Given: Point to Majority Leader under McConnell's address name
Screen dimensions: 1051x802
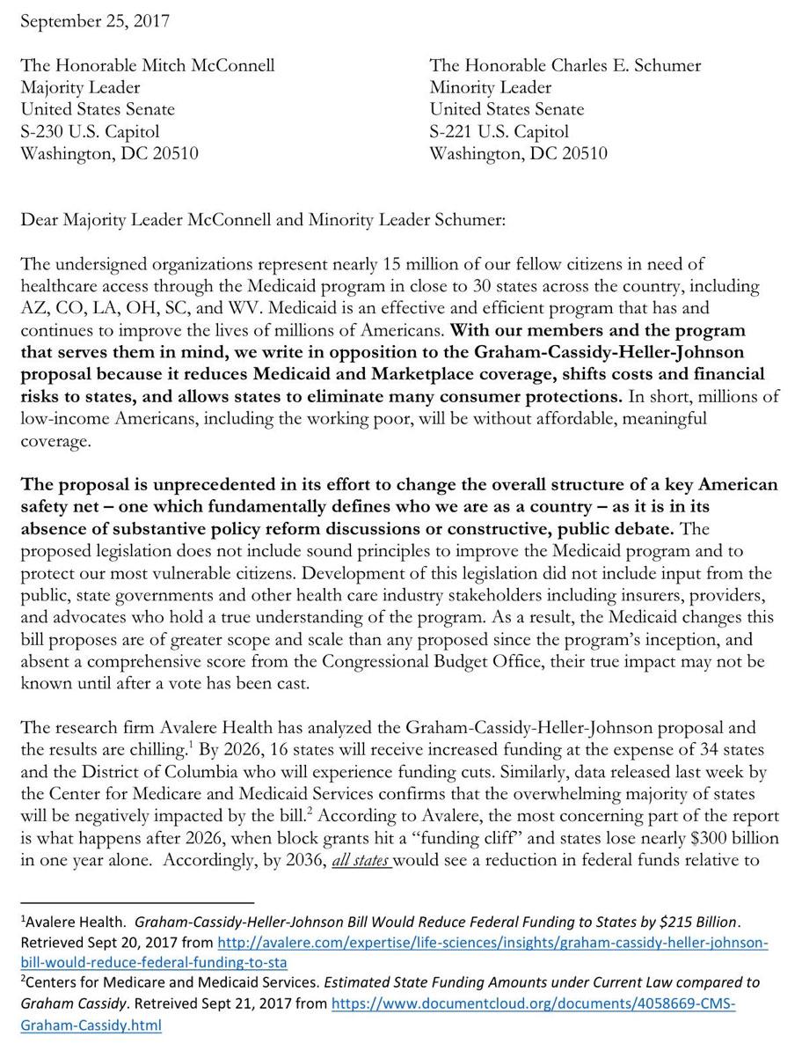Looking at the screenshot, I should [80, 87].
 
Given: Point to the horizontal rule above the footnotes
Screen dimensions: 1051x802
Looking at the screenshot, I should [137, 902].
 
